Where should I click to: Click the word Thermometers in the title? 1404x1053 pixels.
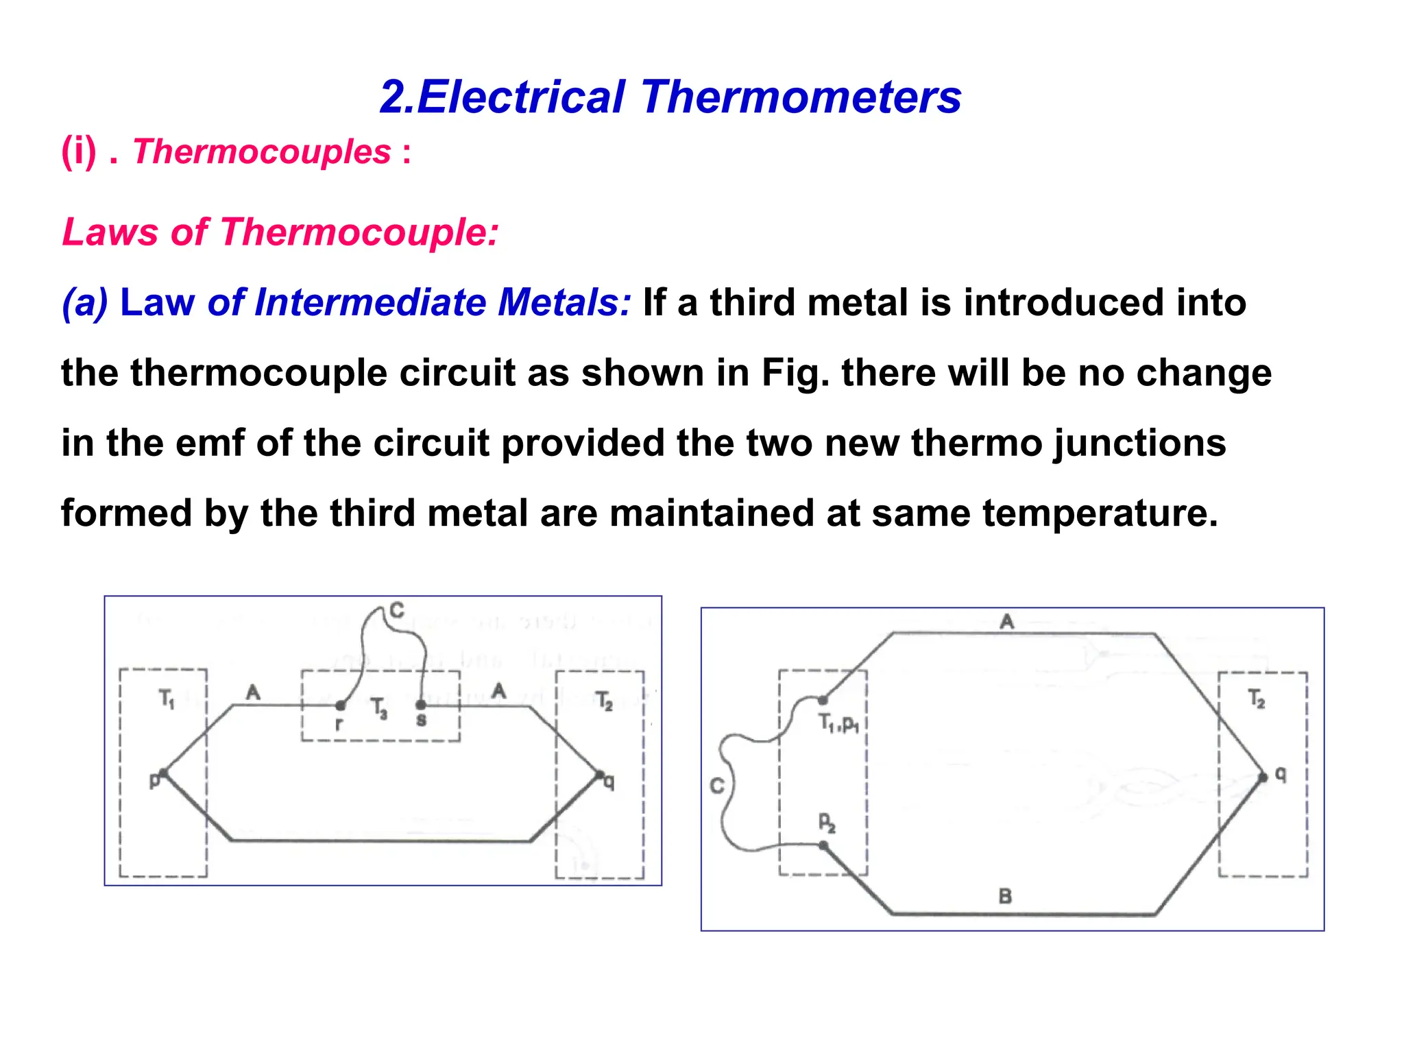pyautogui.click(x=801, y=97)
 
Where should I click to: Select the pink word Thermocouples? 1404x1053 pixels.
pyautogui.click(x=262, y=152)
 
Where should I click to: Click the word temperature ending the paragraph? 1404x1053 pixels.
pyautogui.click(x=1100, y=513)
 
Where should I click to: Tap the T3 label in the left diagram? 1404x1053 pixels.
pyautogui.click(x=378, y=707)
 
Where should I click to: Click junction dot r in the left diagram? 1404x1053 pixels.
pyautogui.click(x=341, y=705)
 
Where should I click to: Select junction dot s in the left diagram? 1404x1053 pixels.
pyautogui.click(x=421, y=705)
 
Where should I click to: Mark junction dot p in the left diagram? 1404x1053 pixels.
pyautogui.click(x=164, y=773)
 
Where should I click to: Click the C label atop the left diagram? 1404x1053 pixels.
pyautogui.click(x=396, y=609)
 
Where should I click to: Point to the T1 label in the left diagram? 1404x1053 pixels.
pyautogui.click(x=167, y=699)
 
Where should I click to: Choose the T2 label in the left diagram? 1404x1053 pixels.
pyautogui.click(x=604, y=701)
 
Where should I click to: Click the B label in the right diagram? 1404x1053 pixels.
pyautogui.click(x=1005, y=896)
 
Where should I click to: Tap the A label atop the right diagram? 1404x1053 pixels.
pyautogui.click(x=1006, y=622)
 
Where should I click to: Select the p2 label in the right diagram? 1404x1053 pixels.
pyautogui.click(x=827, y=823)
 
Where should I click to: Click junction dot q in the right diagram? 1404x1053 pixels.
pyautogui.click(x=1263, y=777)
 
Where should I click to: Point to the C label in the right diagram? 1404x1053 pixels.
pyautogui.click(x=717, y=786)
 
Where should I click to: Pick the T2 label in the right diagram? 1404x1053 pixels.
pyautogui.click(x=1257, y=699)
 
